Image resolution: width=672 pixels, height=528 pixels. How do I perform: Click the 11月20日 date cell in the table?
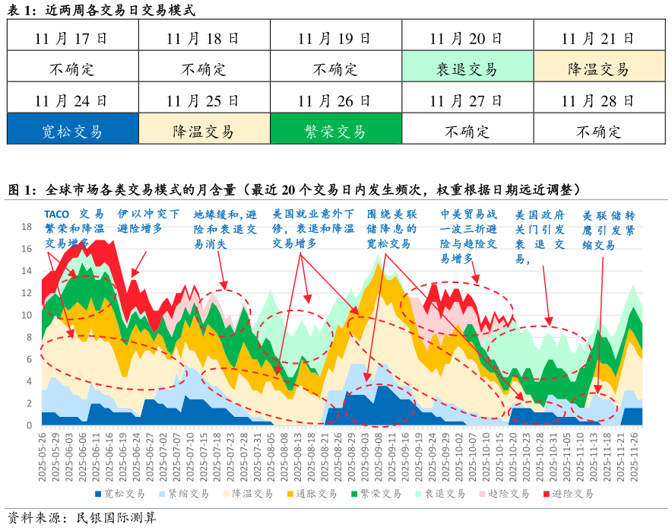click(x=466, y=38)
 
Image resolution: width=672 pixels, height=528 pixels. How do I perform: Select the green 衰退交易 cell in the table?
click(x=466, y=69)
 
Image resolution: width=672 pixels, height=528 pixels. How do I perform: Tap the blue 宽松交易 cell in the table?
click(x=71, y=132)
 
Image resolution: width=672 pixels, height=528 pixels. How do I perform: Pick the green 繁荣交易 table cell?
click(x=334, y=132)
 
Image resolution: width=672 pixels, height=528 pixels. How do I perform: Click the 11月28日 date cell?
click(x=598, y=100)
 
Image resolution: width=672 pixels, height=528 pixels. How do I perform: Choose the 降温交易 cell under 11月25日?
click(x=203, y=132)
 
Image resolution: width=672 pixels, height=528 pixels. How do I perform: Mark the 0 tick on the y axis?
click(x=29, y=425)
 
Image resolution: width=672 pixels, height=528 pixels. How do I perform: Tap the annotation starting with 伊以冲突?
click(x=149, y=221)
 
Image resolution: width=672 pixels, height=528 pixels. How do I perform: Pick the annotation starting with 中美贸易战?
click(x=468, y=236)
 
